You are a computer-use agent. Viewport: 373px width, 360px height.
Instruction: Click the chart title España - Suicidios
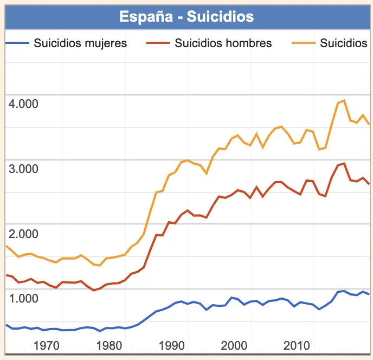coord(186,16)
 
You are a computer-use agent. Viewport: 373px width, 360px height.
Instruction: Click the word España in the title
coord(147,16)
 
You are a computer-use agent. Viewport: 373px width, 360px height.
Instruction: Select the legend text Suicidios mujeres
coord(80,43)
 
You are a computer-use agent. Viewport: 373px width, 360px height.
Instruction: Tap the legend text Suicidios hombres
coord(223,43)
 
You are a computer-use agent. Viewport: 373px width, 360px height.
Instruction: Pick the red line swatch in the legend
coord(157,43)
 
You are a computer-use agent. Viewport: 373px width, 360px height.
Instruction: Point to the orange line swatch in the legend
coord(303,43)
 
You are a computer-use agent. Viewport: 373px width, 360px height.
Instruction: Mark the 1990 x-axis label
coord(172,345)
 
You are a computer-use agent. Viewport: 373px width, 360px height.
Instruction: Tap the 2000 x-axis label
coord(234,345)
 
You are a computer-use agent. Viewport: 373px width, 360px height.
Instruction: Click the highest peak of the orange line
coord(344,100)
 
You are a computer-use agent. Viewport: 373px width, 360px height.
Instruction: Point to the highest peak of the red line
coord(344,163)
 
